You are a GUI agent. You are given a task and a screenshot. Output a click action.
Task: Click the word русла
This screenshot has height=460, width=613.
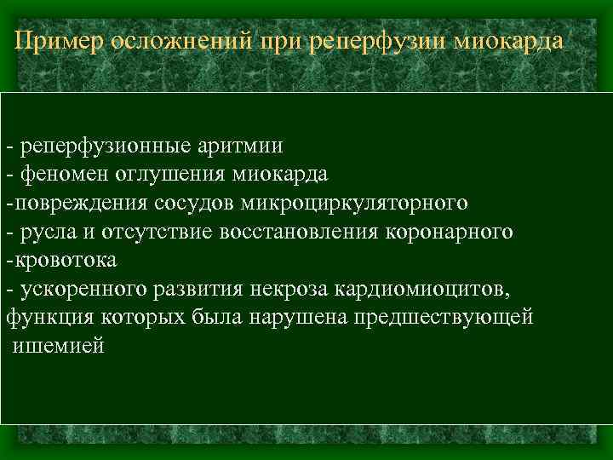click(x=44, y=232)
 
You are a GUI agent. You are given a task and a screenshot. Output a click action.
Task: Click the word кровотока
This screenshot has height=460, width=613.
click(x=65, y=260)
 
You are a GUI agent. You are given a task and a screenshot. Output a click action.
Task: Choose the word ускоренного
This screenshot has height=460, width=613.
click(x=81, y=290)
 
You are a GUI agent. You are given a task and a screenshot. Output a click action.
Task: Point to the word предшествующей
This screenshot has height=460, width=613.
click(x=448, y=318)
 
